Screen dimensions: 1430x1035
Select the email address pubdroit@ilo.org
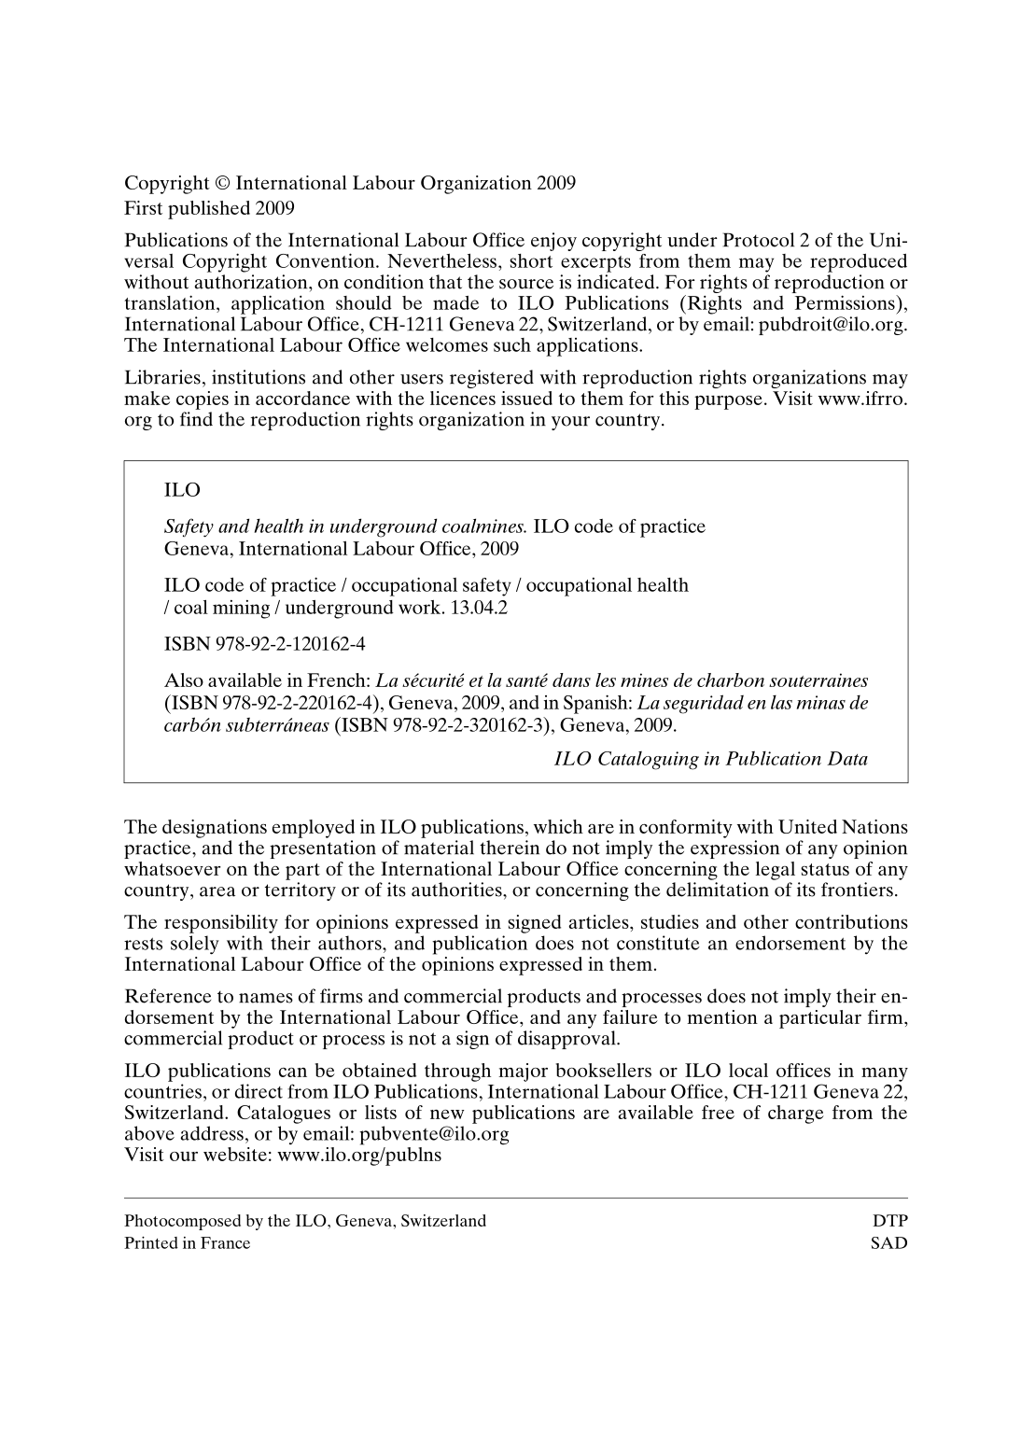tap(832, 325)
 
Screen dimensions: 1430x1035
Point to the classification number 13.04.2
tap(481, 609)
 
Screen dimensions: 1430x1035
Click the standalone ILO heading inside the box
tap(182, 490)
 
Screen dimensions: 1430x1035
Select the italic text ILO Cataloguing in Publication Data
tap(711, 759)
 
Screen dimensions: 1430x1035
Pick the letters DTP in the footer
tap(889, 1221)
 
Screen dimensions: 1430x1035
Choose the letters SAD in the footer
tap(889, 1243)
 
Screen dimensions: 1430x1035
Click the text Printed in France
tap(188, 1243)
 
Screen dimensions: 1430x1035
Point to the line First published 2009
tap(210, 206)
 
